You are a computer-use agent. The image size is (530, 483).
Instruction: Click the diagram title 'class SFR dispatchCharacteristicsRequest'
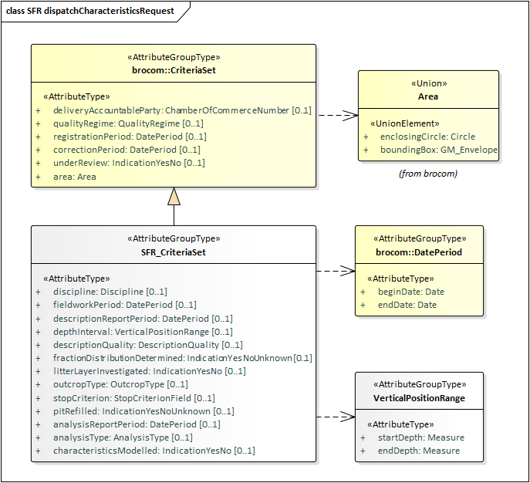pos(89,11)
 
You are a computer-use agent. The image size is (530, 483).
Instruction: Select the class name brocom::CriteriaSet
pos(173,70)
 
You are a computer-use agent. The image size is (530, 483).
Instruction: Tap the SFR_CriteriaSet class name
pos(173,252)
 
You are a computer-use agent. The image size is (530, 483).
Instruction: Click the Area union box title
pos(427,96)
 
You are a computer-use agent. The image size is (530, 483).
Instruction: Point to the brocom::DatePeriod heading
pos(419,252)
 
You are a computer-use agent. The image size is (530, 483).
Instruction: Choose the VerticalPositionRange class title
pos(419,398)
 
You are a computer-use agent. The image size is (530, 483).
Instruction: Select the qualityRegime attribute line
pos(128,123)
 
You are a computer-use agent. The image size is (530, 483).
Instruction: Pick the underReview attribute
pos(128,163)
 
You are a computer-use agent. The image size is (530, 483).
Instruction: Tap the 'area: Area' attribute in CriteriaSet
pos(76,176)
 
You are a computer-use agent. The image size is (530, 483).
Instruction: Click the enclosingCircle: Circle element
pos(427,137)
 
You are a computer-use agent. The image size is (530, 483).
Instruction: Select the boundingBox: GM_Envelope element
pos(438,150)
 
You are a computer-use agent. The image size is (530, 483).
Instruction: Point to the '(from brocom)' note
pos(427,174)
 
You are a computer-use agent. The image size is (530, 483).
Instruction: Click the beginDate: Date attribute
pos(410,292)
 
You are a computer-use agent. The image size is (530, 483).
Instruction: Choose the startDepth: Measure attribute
pos(420,437)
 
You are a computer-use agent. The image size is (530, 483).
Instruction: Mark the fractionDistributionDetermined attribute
pos(182,358)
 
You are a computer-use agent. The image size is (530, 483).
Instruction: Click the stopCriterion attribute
pos(133,397)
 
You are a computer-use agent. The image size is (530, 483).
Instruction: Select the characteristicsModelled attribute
pos(154,450)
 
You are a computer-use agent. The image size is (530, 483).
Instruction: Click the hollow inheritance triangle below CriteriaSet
pos(174,197)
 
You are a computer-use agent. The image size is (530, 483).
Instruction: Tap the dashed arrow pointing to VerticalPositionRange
pos(335,417)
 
